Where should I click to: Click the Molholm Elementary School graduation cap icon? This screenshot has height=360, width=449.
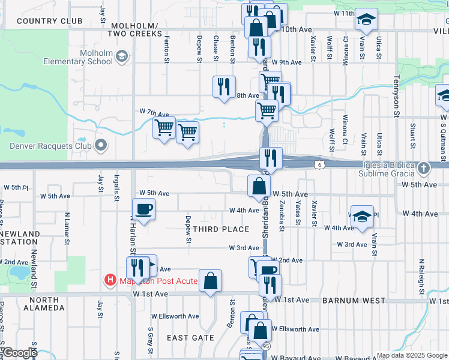[x=122, y=57]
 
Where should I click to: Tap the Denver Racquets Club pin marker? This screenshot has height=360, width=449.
[x=100, y=145]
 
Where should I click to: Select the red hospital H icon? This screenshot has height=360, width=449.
[x=110, y=280]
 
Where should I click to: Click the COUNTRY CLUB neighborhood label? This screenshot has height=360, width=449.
[x=49, y=21]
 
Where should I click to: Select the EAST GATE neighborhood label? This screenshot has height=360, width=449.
[x=190, y=338]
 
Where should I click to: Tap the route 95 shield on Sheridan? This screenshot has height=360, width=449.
[x=266, y=346]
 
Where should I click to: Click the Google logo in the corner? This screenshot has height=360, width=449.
[x=19, y=353]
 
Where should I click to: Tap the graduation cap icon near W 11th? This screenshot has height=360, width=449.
[x=366, y=19]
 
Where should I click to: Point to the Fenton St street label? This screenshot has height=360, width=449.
[x=167, y=43]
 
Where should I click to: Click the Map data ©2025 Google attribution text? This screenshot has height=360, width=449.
[x=411, y=355]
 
